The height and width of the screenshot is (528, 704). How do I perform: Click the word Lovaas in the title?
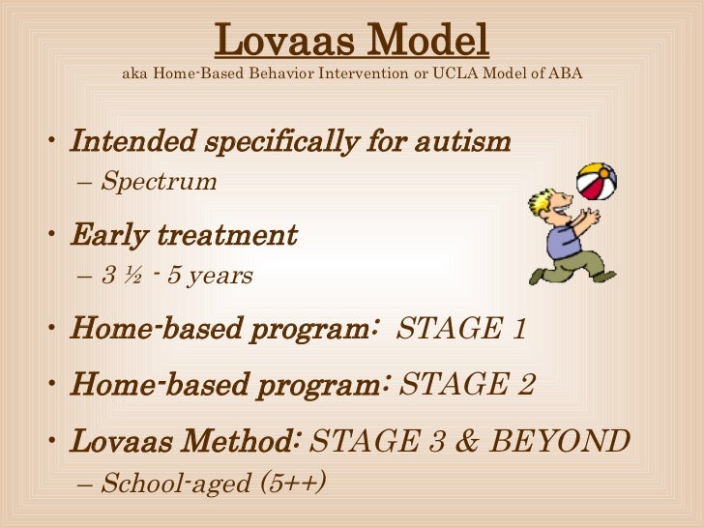280,41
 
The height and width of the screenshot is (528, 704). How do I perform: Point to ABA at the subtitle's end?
566,74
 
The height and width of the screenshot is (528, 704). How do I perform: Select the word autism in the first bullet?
461,143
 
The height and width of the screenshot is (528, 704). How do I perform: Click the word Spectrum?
159,182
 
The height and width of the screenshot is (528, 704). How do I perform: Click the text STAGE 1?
461,329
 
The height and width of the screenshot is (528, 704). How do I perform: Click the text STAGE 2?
467,385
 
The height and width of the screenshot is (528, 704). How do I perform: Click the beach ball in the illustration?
596,181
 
